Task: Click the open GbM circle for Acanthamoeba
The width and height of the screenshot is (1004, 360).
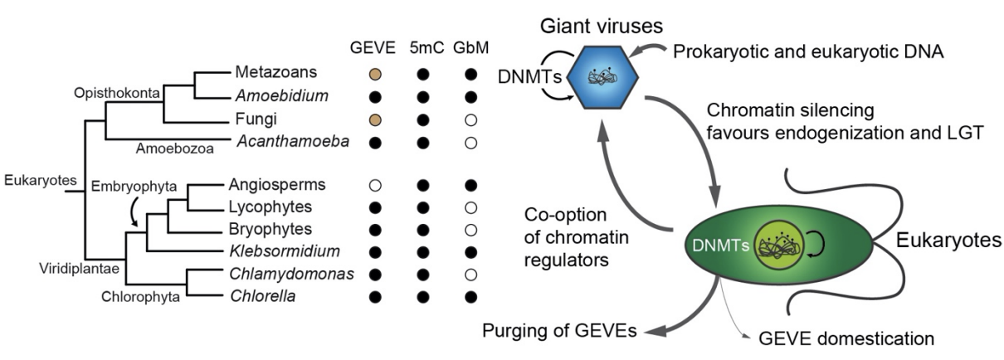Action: coord(471,143)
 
